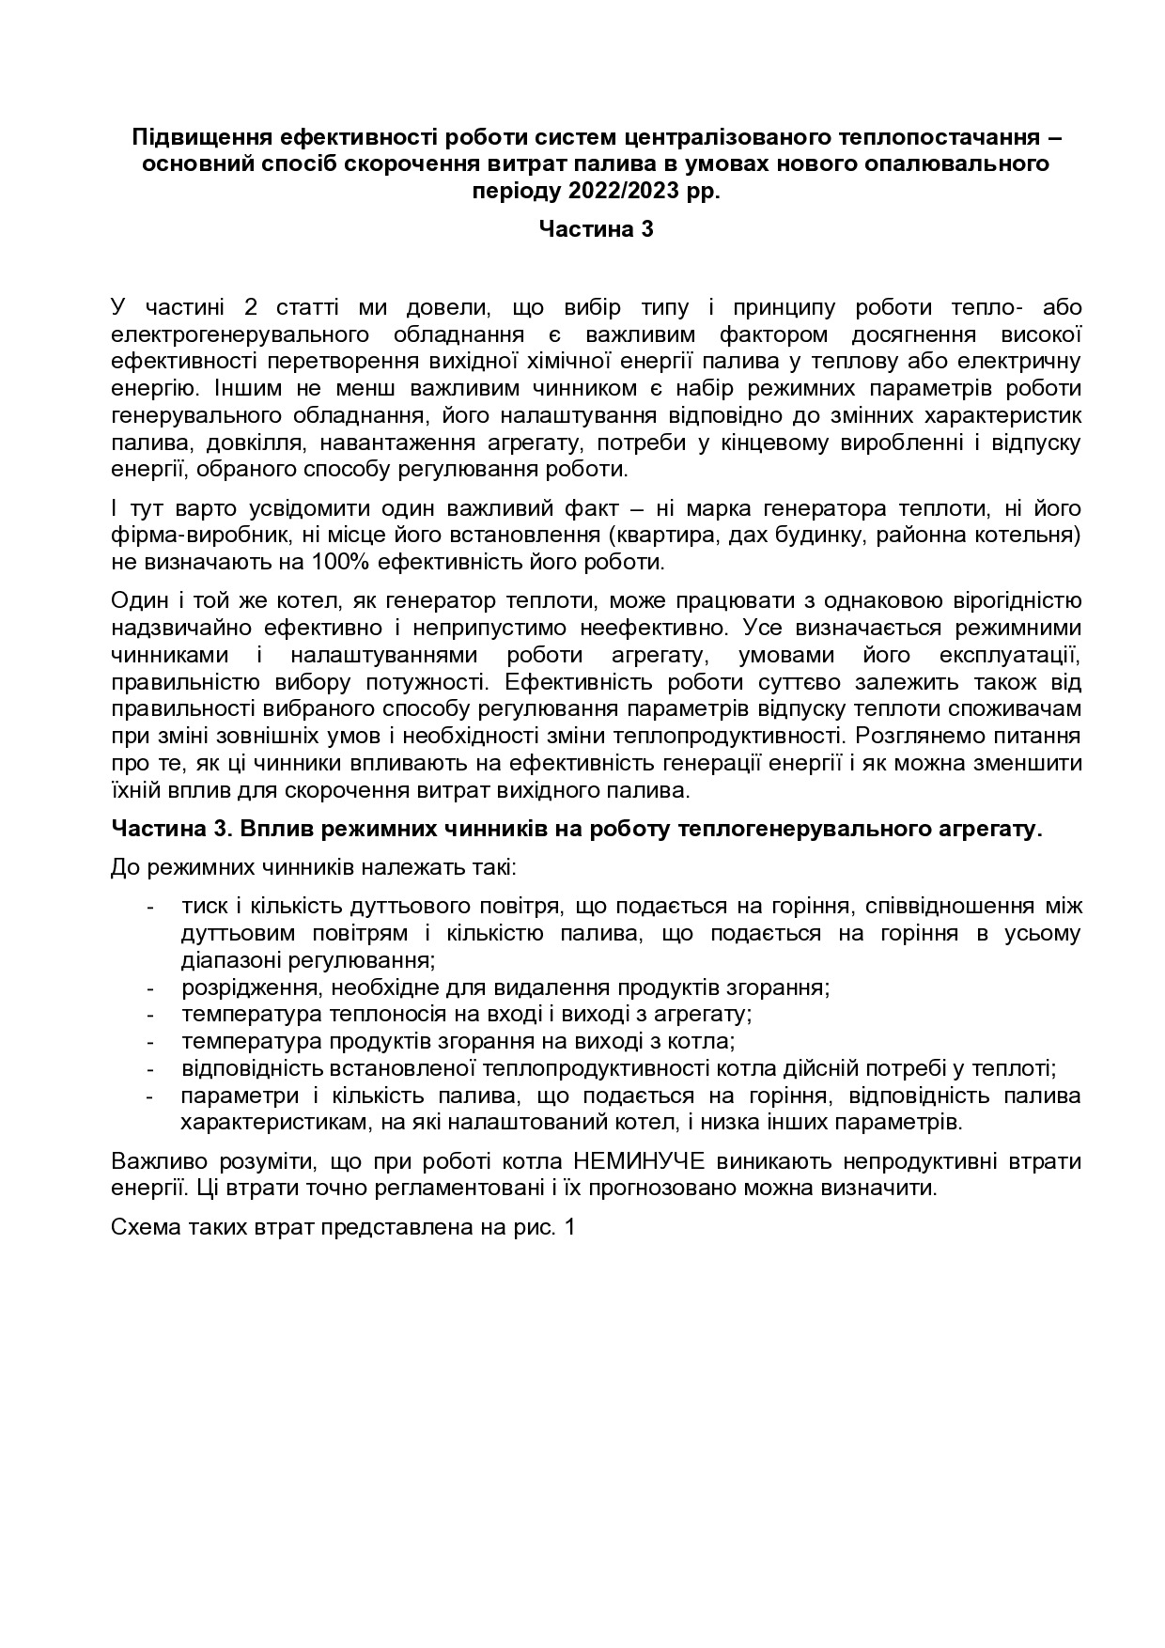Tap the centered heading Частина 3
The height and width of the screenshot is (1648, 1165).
click(x=596, y=229)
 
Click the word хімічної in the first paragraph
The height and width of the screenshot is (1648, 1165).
click(x=573, y=362)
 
